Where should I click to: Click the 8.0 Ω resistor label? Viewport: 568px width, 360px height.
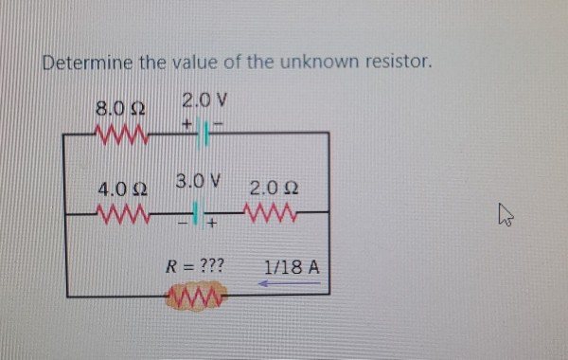click(119, 108)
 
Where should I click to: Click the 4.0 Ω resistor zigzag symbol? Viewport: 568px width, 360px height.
click(120, 211)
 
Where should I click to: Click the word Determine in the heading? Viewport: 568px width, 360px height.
click(88, 63)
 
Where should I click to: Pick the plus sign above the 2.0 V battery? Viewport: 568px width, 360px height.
click(188, 120)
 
